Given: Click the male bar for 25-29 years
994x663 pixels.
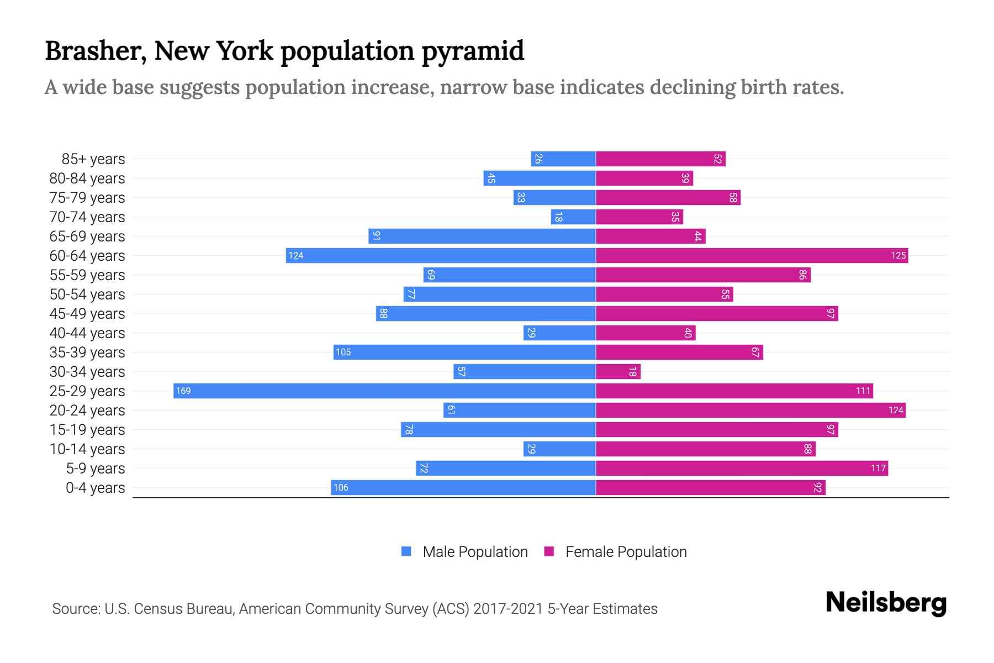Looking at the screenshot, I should click(384, 391).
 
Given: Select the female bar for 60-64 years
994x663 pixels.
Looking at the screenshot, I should click(752, 255).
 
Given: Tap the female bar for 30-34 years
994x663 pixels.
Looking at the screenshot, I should click(618, 371).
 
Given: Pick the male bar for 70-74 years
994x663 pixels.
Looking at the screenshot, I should click(573, 217).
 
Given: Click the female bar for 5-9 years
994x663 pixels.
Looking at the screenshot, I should click(742, 468).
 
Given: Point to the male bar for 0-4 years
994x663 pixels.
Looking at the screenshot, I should click(463, 487).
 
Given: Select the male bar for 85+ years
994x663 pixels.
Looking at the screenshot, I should click(563, 159).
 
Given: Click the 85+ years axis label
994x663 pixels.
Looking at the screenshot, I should click(93, 159).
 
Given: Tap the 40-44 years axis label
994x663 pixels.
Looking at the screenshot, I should click(87, 333).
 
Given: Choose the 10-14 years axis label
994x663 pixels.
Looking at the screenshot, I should click(87, 449).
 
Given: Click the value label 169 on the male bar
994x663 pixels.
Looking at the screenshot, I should click(183, 391).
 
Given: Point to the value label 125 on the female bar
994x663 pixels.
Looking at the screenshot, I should click(898, 255).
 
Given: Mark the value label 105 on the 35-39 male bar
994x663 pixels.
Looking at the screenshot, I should click(343, 352).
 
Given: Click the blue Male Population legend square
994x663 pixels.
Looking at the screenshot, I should click(406, 551).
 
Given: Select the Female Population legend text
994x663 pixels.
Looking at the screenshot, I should click(626, 551).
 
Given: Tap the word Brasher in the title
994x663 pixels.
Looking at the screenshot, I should click(95, 51).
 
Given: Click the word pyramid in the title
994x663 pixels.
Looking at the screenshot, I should click(473, 51).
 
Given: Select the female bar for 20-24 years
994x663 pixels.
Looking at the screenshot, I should click(750, 410).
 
